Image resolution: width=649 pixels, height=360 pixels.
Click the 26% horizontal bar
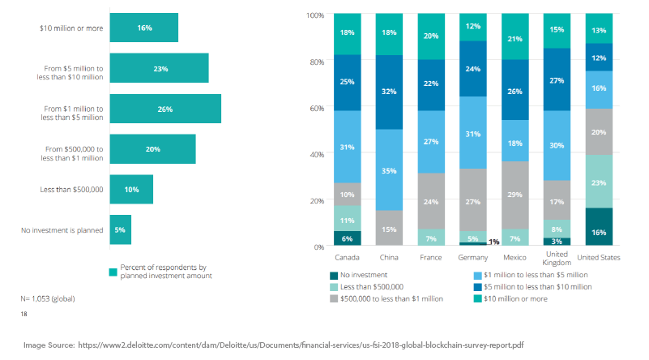(165, 109)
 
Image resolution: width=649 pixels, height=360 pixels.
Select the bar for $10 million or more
(144, 28)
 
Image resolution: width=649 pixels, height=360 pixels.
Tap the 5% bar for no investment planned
(120, 230)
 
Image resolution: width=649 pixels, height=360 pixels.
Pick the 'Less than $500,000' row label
(71, 190)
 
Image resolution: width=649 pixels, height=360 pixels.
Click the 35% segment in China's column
(390, 170)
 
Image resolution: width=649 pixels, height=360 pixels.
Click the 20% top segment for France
(431, 36)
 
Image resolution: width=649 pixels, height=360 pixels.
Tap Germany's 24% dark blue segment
(472, 69)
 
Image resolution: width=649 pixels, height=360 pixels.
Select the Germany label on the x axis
(472, 258)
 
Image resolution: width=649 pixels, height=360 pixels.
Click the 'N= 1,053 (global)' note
(49, 298)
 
